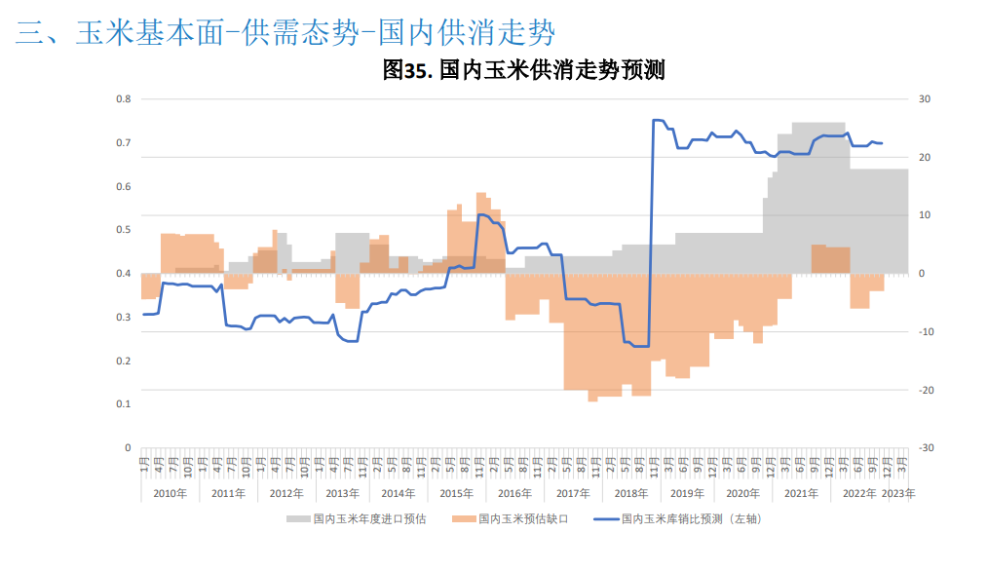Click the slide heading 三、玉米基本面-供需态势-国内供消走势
coord(285,33)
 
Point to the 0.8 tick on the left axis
coord(124,99)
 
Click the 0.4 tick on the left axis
coord(124,274)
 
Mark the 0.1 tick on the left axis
coord(124,404)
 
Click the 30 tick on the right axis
coord(925,99)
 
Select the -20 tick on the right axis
coord(927,390)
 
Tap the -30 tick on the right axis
coord(927,448)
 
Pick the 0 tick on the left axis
coord(128,448)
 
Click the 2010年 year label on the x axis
coord(170,494)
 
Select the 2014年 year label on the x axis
coord(399,494)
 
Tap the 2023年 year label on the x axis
coord(898,494)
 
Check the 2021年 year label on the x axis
coord(800,494)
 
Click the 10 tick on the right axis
coord(925,215)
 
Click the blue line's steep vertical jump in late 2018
coord(651,234)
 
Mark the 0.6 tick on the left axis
coord(124,186)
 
